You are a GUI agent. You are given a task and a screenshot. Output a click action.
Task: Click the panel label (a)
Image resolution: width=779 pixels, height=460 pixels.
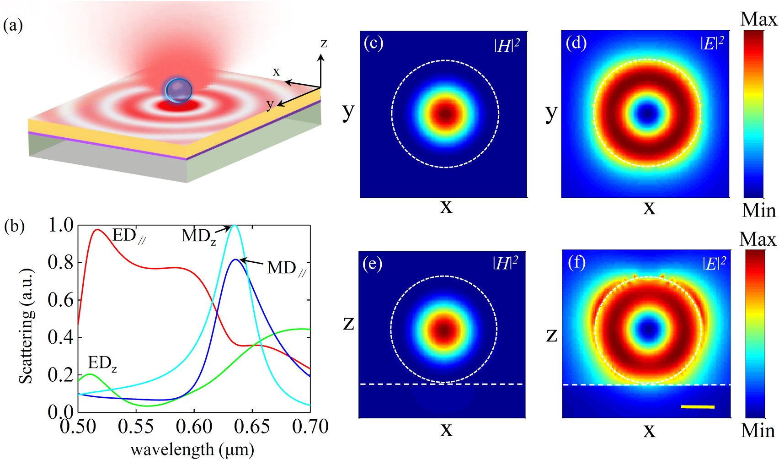click(x=13, y=25)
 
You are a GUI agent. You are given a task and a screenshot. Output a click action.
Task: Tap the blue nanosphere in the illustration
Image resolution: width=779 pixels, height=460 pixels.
click(x=179, y=90)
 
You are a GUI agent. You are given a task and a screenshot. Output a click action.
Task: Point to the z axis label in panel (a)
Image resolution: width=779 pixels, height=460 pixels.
click(x=324, y=43)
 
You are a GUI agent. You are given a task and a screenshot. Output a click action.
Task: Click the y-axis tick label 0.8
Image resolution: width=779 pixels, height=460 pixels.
click(x=61, y=263)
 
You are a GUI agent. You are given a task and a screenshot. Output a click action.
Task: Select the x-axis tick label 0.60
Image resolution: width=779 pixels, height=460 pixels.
click(x=194, y=427)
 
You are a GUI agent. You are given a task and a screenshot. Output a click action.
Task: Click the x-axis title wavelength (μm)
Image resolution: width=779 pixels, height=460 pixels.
click(x=192, y=449)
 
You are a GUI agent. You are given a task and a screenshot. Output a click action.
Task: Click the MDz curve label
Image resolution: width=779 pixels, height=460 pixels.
click(x=198, y=236)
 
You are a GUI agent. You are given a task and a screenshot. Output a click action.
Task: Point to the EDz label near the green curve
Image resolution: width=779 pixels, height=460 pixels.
click(x=101, y=363)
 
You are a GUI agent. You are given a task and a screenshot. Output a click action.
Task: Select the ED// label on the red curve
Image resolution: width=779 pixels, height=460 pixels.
click(x=128, y=236)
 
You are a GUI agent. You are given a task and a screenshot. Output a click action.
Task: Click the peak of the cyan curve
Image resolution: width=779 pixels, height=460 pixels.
click(x=235, y=225)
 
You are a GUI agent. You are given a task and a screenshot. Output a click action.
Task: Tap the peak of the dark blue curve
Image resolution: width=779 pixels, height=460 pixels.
click(x=235, y=260)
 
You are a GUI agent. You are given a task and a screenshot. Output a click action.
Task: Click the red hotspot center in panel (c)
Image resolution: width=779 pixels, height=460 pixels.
click(x=445, y=114)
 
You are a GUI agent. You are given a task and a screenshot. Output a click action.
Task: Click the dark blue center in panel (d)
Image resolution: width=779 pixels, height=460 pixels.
click(x=647, y=113)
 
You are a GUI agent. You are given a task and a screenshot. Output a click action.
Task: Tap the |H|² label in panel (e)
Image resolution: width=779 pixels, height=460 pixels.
click(x=505, y=263)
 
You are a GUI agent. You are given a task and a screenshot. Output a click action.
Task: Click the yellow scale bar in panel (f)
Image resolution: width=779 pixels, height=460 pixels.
click(x=698, y=406)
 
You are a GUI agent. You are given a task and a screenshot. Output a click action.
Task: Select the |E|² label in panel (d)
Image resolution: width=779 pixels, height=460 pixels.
click(x=712, y=43)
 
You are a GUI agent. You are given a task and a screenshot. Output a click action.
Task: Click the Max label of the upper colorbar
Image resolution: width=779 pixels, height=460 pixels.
click(x=758, y=20)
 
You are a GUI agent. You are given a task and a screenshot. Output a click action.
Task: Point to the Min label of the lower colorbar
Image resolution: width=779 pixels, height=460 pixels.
click(x=758, y=431)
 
